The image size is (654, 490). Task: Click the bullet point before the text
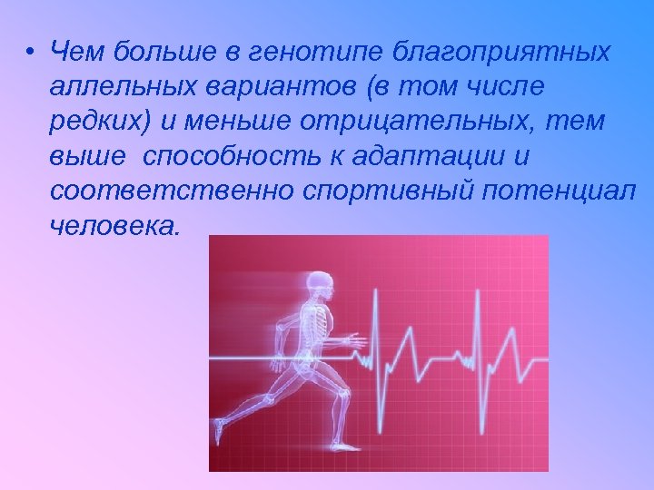click(x=32, y=52)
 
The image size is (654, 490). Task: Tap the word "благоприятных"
click(x=501, y=54)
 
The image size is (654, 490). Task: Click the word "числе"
click(x=493, y=89)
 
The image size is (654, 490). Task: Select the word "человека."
click(x=115, y=227)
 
